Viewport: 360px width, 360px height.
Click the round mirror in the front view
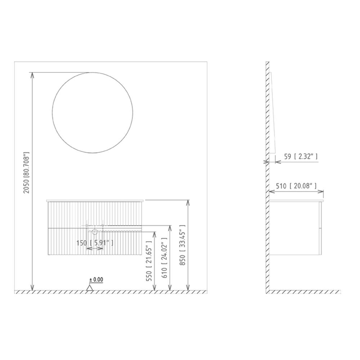52,112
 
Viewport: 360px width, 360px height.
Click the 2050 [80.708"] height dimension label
27,172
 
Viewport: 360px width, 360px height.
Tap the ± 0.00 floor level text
96,280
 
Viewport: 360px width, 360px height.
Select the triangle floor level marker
90,288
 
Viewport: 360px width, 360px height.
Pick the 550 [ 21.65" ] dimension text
149,261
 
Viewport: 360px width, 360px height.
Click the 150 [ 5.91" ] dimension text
95,243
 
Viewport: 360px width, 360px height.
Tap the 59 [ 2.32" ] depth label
301,157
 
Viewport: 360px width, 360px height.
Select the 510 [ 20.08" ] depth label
296,186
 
